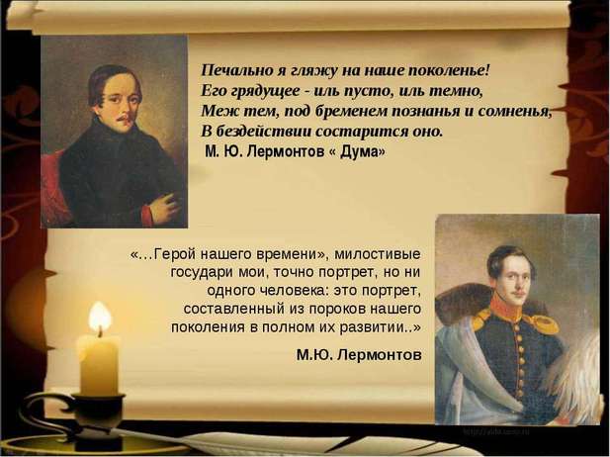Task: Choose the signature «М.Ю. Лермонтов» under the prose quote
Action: point(359,355)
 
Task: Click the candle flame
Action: point(100,318)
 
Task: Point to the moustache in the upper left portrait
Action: point(123,117)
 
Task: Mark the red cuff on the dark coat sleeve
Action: point(146,216)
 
